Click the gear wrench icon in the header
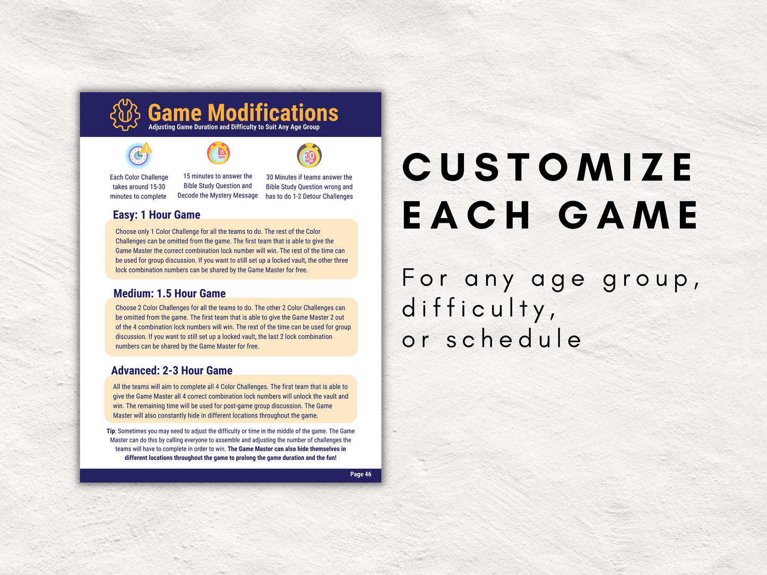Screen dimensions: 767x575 (x=125, y=115)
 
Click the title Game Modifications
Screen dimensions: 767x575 (x=243, y=112)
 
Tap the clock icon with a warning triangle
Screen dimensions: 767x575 (x=139, y=155)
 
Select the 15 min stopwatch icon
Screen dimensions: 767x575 (x=218, y=153)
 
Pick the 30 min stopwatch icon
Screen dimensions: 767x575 (x=309, y=155)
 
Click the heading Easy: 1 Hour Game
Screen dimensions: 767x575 (x=157, y=215)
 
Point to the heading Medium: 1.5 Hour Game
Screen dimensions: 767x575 (x=169, y=293)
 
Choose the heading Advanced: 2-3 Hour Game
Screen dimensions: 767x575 (x=171, y=370)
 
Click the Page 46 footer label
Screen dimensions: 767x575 (x=360, y=474)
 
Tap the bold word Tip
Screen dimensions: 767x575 (x=111, y=431)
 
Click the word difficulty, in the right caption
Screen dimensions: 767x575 (x=479, y=309)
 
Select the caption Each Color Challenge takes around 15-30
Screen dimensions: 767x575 (x=139, y=182)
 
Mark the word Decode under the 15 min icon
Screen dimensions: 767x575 (x=188, y=196)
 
